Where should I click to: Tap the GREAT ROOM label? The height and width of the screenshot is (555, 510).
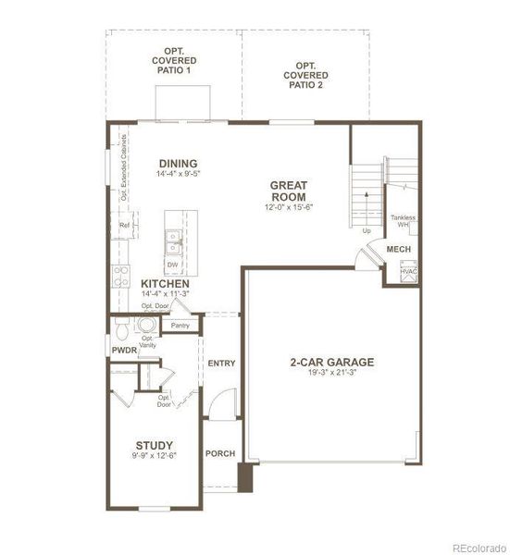click(x=288, y=191)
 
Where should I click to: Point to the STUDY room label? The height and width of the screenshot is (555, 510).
click(x=154, y=445)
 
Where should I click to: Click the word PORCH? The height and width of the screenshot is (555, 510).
click(x=220, y=453)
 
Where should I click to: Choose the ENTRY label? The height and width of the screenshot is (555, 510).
click(x=220, y=363)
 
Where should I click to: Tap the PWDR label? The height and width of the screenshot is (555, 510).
click(x=124, y=351)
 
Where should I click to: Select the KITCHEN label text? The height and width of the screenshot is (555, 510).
click(x=166, y=283)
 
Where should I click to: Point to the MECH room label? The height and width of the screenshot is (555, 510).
click(x=398, y=250)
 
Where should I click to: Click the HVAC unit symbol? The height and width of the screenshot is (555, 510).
click(x=406, y=270)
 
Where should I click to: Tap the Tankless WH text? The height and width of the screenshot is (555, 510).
click(x=403, y=221)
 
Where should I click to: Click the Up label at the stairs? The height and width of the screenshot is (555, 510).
click(x=367, y=230)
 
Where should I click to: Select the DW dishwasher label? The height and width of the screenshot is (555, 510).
click(x=172, y=265)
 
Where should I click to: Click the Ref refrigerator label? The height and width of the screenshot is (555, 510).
click(x=123, y=225)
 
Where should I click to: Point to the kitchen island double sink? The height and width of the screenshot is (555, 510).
click(x=173, y=242)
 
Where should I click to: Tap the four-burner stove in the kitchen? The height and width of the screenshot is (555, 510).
click(x=121, y=275)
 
